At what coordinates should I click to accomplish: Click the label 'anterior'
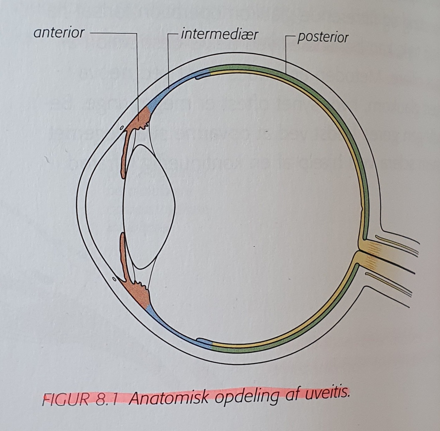(59, 33)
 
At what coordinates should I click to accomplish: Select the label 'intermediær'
(219, 34)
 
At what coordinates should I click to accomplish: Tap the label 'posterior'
(323, 38)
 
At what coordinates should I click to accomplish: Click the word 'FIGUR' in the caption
(66, 399)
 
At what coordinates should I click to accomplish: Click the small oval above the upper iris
(121, 128)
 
